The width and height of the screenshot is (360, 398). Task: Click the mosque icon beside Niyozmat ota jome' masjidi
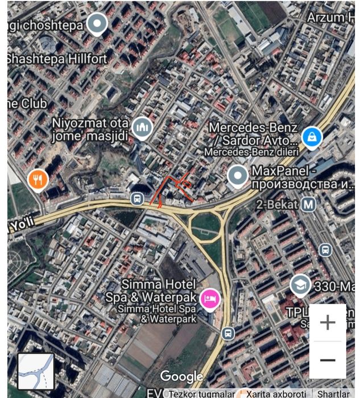coord(141,128)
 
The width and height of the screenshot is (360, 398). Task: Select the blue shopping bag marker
coord(312,136)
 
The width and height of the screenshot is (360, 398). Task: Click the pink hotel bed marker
coord(210,298)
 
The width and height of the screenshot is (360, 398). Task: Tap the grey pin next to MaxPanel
coord(237,177)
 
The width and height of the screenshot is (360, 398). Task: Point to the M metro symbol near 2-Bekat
coord(309,203)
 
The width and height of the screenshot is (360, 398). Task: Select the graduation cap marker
coord(300,285)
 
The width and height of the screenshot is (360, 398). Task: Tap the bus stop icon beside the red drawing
coord(136,198)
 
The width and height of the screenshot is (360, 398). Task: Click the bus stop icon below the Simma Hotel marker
coord(227,334)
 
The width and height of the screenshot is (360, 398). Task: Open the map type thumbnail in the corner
coord(36,371)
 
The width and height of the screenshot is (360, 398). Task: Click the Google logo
coord(181,376)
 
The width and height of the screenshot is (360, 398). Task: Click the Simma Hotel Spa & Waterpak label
coord(151,290)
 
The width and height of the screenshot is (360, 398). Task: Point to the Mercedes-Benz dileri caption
coord(250,152)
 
